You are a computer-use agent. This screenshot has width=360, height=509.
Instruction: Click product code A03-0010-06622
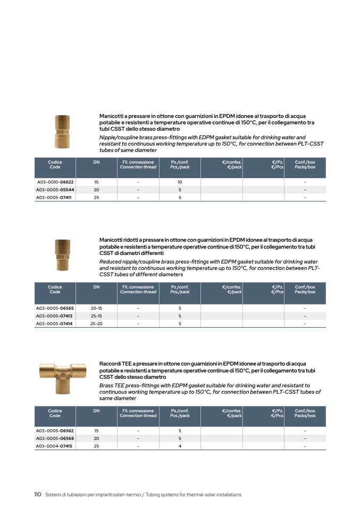tap(55, 182)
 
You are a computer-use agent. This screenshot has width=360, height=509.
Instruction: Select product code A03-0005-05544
tap(55, 190)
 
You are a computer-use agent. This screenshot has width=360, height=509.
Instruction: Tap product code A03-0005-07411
tap(55, 198)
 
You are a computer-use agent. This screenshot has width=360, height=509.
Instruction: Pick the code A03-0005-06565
tap(55, 308)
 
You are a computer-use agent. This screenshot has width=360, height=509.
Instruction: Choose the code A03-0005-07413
tap(55, 316)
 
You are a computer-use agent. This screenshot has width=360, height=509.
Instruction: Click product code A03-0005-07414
tap(55, 324)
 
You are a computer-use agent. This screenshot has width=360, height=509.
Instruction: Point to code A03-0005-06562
tap(55, 431)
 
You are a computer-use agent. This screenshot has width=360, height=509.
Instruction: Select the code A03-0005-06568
tap(55, 438)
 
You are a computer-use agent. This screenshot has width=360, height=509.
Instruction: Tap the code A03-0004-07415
tap(55, 446)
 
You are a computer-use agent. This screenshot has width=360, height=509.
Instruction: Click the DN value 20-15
tap(96, 308)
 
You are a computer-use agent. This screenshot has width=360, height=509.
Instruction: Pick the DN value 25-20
tap(96, 324)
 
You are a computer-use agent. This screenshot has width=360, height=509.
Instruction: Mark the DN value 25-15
tap(96, 316)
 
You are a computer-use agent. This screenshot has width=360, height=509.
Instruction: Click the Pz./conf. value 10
tap(180, 182)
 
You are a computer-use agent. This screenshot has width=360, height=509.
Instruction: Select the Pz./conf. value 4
tap(180, 446)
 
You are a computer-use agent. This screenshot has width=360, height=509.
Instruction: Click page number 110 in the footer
tap(38, 495)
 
